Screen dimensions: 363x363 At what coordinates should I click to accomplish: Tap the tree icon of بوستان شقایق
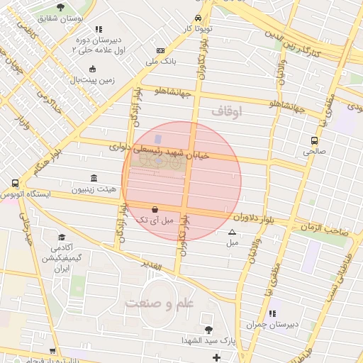[x=60, y=7]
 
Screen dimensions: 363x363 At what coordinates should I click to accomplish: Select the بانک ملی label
[x=160, y=62]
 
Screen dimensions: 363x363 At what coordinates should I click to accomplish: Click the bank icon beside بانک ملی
[x=160, y=51]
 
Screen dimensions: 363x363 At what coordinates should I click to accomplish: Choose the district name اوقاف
[x=227, y=111]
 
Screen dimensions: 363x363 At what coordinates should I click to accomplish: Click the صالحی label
[x=313, y=151]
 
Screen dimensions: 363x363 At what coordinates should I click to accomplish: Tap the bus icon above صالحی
[x=314, y=140]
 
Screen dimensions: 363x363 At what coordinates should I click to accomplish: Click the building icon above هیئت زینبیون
[x=94, y=179]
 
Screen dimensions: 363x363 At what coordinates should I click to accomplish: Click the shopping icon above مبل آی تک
[x=155, y=209]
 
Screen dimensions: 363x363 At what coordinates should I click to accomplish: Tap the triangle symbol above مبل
[x=232, y=233]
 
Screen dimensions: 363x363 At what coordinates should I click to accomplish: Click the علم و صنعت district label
[x=159, y=304]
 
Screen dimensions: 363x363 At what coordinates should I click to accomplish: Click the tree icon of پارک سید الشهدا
[x=208, y=330]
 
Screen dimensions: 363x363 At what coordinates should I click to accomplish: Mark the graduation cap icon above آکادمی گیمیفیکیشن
[x=62, y=238]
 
